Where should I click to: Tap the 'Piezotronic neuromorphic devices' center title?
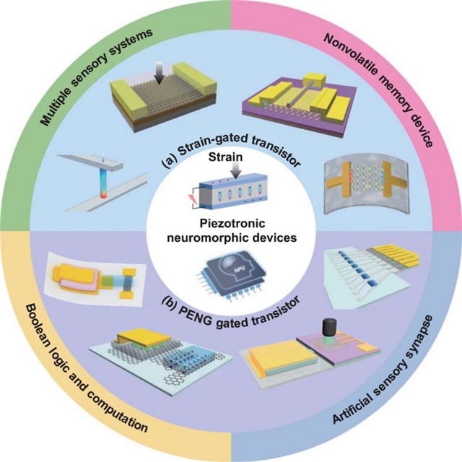click(x=230, y=230)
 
